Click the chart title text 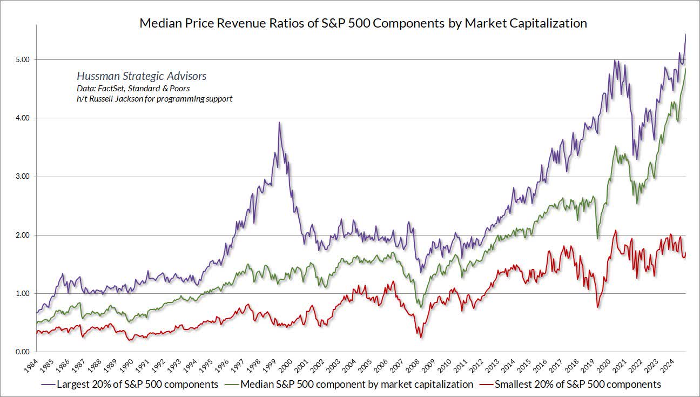pos(363,23)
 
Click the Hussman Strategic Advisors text pos(142,77)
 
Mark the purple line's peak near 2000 pos(279,123)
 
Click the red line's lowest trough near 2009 pos(421,338)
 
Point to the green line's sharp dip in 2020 pos(597,238)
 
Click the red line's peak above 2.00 pos(615,231)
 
